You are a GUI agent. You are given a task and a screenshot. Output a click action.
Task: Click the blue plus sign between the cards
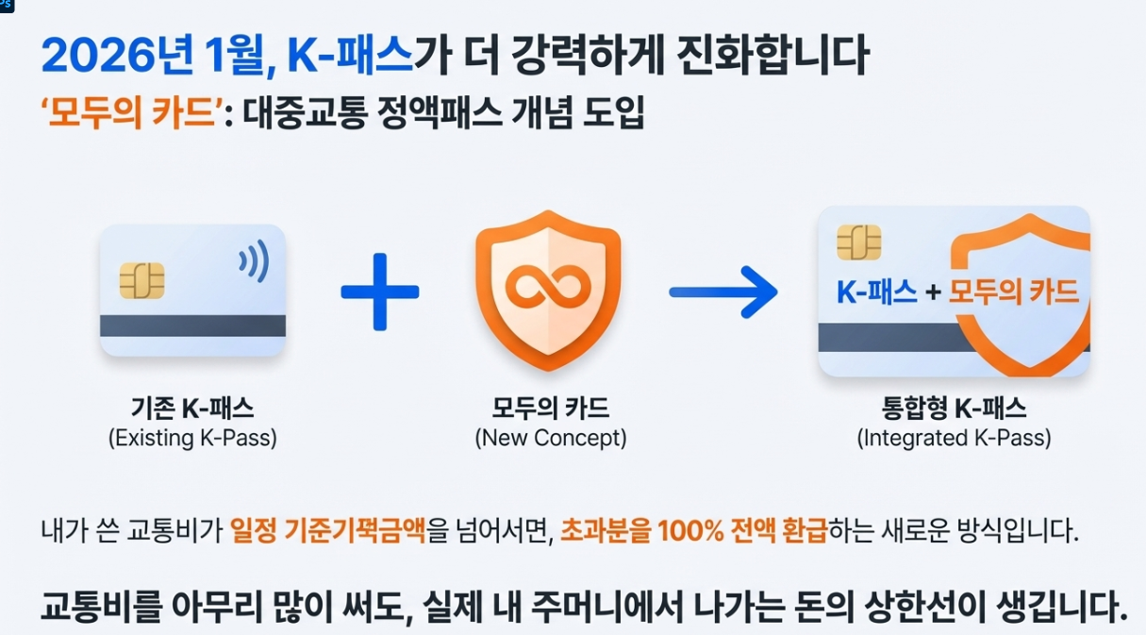380,291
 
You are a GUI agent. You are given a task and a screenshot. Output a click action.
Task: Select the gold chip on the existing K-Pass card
141,280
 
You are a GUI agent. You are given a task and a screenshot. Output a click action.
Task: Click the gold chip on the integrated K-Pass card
858,242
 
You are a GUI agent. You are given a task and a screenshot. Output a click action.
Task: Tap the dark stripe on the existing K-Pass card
192,326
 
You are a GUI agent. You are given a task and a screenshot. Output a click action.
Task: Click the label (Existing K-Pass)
192,439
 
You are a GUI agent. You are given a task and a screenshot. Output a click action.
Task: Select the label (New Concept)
550,439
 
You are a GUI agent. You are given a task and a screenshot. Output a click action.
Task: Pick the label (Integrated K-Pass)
954,439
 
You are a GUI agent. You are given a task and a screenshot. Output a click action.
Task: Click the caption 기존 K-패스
192,409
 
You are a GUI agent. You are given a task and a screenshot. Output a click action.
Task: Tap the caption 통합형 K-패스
954,409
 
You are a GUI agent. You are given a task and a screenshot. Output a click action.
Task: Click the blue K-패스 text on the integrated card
876,292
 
